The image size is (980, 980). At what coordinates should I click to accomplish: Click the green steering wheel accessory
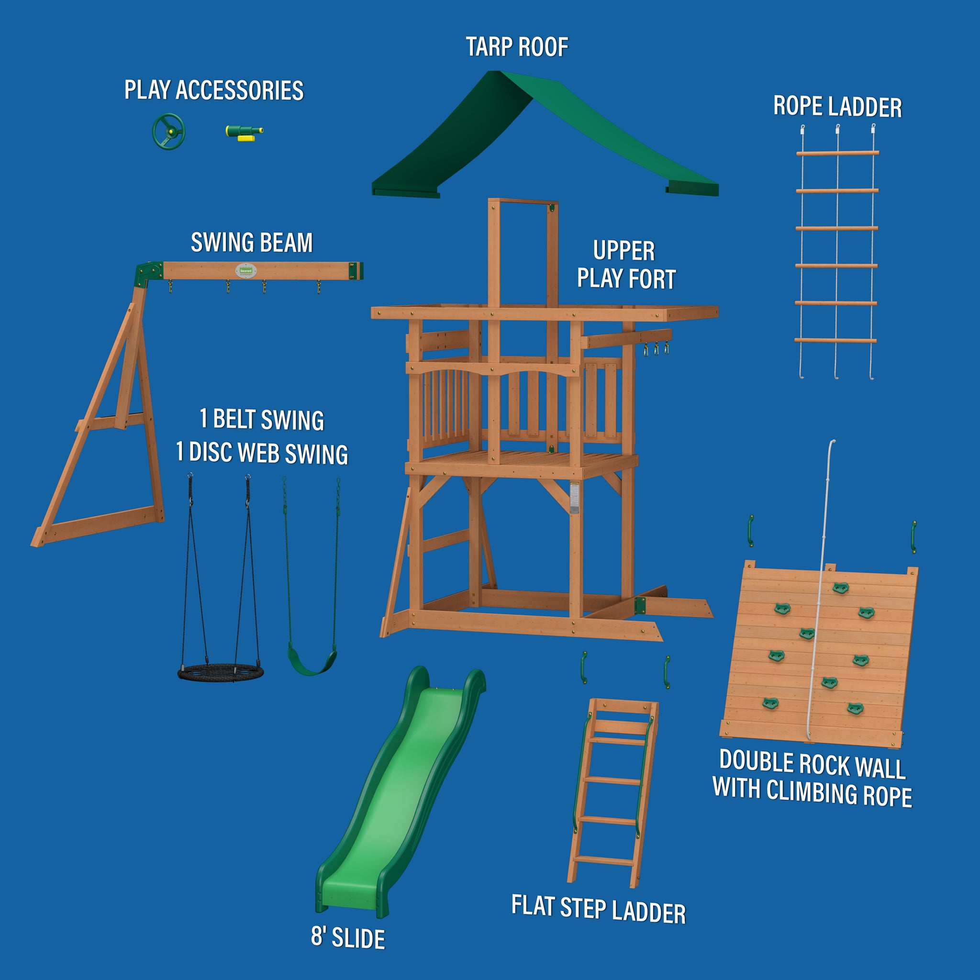[168, 132]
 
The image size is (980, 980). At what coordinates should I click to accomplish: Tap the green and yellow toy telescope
[244, 133]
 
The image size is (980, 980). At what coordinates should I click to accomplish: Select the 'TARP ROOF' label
[517, 47]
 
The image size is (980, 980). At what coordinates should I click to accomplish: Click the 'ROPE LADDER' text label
[837, 107]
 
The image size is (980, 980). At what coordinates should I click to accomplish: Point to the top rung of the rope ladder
[837, 152]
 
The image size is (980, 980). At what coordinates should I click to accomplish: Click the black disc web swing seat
[221, 673]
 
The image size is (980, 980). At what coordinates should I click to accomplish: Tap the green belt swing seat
[312, 661]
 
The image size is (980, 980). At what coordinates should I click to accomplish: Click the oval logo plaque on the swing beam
[245, 270]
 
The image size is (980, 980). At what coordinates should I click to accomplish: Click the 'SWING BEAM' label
[252, 243]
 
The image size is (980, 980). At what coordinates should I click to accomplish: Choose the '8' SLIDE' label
[348, 937]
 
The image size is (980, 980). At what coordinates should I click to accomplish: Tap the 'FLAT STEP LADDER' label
[599, 909]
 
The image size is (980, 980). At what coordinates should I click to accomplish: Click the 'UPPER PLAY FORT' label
[626, 265]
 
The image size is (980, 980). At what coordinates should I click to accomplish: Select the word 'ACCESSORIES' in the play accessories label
[239, 90]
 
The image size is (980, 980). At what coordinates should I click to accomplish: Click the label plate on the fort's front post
[574, 497]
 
